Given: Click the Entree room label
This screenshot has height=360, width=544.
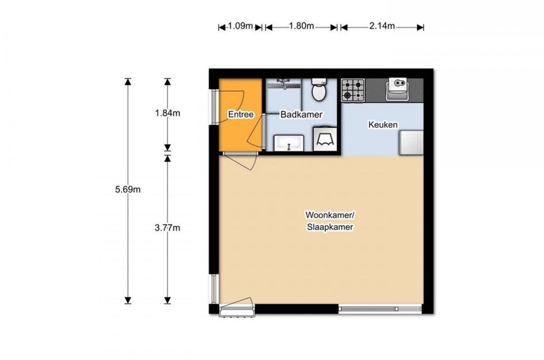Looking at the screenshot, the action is coord(241,114).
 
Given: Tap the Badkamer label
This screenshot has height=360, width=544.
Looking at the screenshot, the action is coord(301,114).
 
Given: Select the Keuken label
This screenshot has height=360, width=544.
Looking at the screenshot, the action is coord(383,124).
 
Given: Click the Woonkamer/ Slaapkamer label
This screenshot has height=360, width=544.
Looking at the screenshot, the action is coord(330,221).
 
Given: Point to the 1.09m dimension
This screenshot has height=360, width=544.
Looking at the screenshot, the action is coord(240,26).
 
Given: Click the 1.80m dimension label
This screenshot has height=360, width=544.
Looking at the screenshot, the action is coord(302,26).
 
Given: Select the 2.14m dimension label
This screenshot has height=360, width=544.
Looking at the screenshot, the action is coord(382,26).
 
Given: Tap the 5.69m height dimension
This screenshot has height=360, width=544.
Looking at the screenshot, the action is coord(128,190).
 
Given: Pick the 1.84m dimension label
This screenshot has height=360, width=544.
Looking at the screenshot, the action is coord(168,113).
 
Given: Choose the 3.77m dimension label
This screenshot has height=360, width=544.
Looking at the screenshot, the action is coord(168,228).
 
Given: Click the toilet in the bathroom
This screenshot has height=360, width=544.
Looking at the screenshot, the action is coord(318,89).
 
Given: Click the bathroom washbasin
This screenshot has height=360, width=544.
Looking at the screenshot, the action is coord(288,143).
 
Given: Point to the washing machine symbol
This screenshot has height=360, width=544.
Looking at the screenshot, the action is coord(325,139).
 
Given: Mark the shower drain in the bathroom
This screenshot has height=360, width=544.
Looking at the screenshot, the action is coord(288,85).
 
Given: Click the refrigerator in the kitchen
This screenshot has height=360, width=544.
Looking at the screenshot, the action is coord(411,142).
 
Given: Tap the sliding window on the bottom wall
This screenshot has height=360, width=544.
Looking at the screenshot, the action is coord(380,308).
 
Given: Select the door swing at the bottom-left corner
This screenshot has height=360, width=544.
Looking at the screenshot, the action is coord(237,306).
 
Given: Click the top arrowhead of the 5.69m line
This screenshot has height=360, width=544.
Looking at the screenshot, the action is coord(128,82).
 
